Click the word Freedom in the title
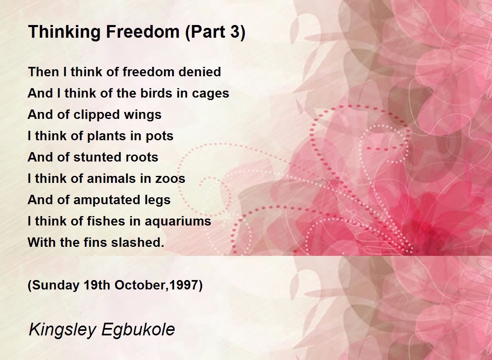143,32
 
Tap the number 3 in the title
235,32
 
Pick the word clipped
96,115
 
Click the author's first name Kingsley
63,330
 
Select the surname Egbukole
138,330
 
